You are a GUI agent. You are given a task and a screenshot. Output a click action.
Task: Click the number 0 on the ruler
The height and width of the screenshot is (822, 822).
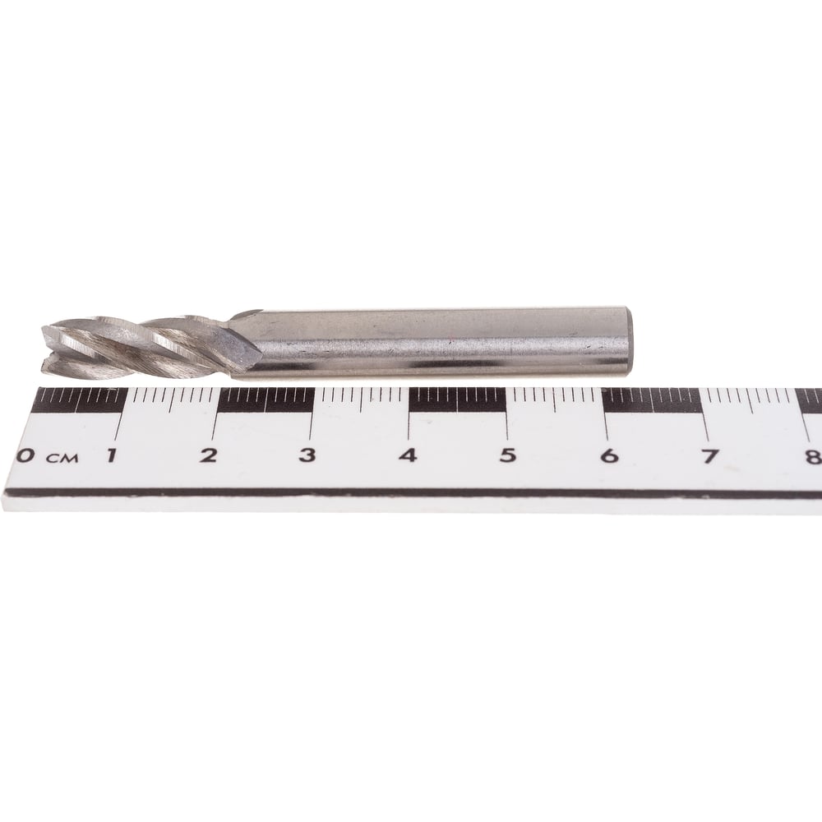[24, 455]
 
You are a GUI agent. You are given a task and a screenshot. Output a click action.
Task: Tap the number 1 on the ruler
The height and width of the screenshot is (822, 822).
[111, 455]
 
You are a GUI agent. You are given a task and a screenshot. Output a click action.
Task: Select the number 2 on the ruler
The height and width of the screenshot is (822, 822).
[208, 455]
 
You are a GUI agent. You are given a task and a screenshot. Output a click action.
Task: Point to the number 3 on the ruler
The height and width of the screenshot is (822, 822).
[307, 455]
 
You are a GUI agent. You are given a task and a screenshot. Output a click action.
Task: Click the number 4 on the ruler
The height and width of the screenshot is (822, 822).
[408, 455]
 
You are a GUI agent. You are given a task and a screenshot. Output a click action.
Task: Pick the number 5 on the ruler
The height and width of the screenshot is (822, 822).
[507, 455]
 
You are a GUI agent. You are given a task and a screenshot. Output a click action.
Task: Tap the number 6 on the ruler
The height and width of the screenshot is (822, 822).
[608, 455]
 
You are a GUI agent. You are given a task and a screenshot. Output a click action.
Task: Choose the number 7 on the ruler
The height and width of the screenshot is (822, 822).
[709, 456]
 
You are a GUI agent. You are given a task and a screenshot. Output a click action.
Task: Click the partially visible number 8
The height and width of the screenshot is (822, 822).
[814, 456]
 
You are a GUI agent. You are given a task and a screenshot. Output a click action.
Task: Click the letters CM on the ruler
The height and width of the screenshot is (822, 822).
[62, 458]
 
